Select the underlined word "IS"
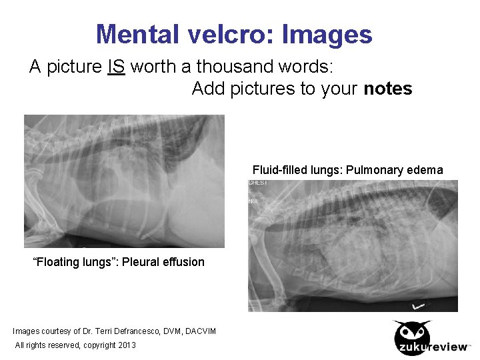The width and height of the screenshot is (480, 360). tap(116, 67)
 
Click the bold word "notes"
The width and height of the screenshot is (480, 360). tap(388, 89)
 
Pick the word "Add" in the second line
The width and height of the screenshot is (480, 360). tap(208, 89)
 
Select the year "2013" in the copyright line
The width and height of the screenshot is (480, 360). tap(126, 345)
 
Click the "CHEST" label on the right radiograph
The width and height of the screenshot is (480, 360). tap(257, 183)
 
